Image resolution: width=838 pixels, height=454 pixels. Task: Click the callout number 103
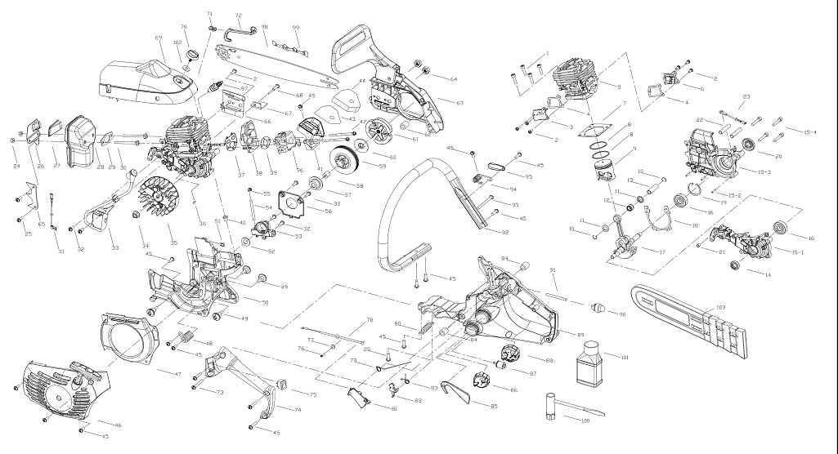click(720, 307)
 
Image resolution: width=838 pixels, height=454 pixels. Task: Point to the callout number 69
click(158, 38)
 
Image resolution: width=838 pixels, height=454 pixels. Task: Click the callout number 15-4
click(810, 131)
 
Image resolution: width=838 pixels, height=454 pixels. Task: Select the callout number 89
click(580, 334)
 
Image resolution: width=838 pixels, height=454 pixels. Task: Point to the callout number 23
click(746, 97)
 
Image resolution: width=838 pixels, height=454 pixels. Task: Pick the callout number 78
click(370, 320)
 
